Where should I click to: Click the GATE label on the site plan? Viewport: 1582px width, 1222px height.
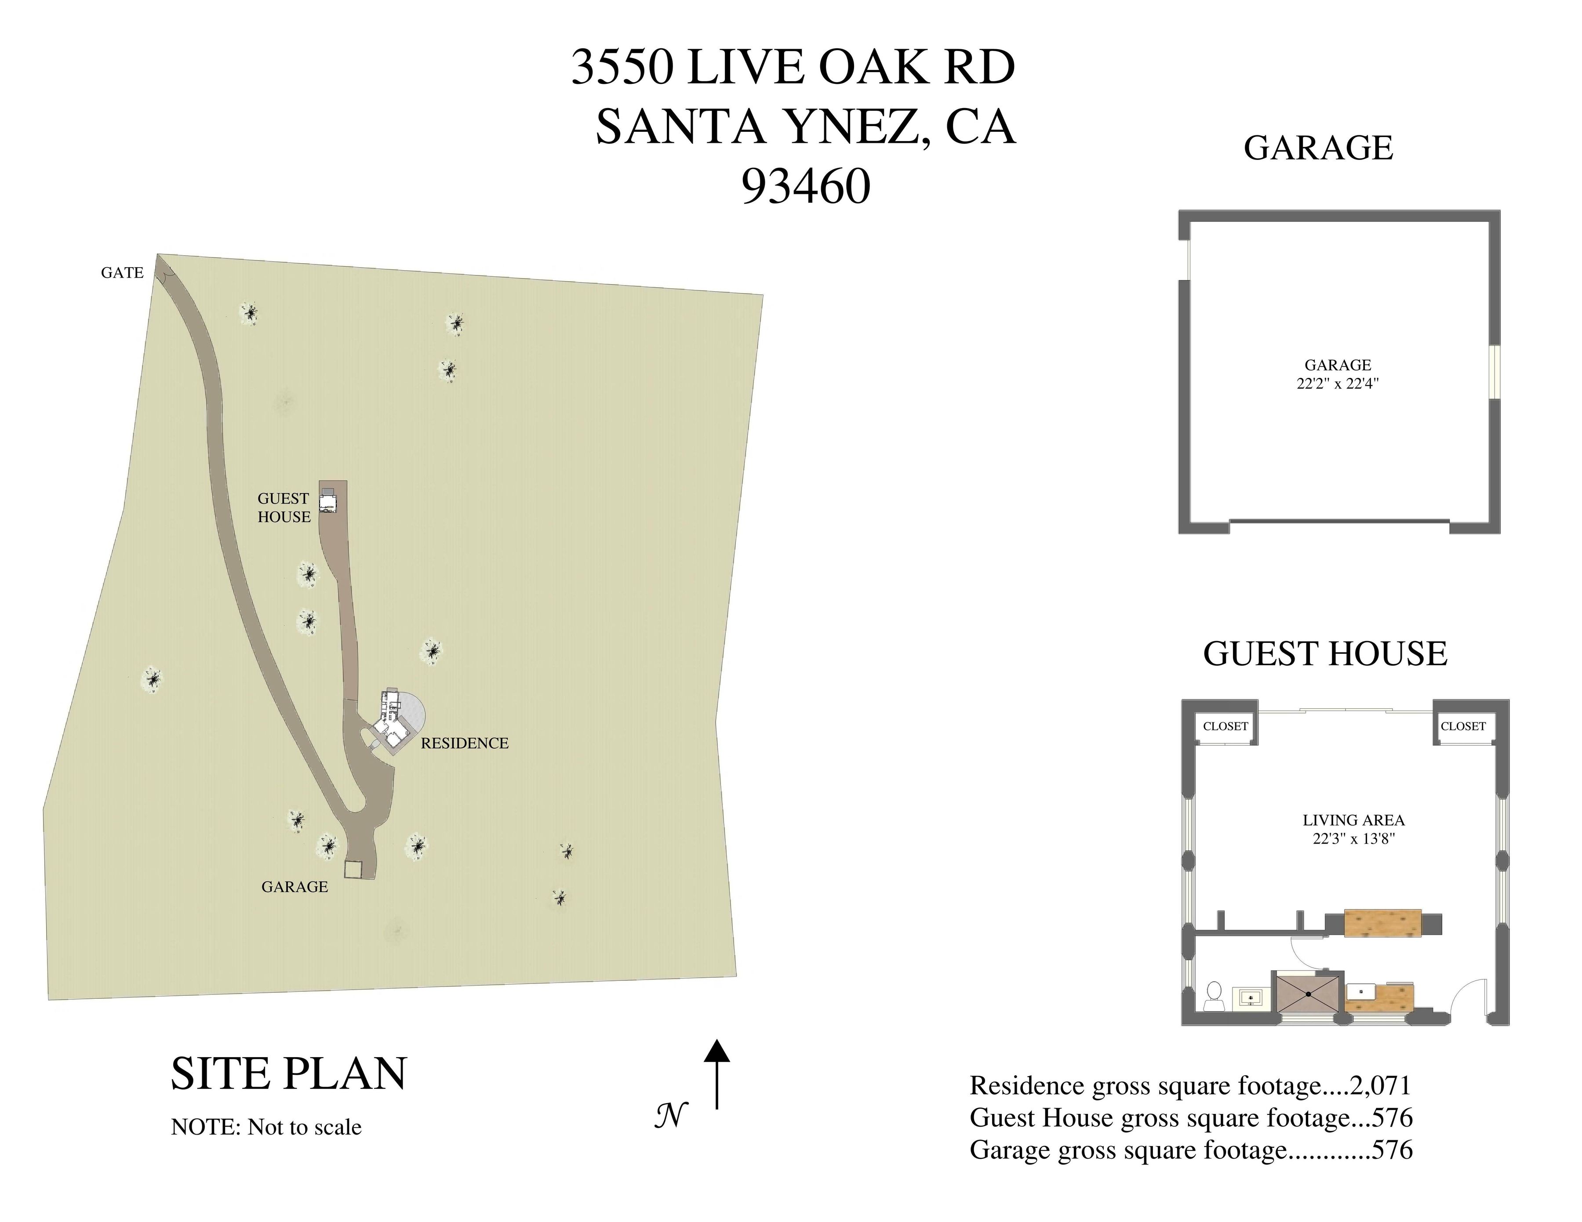pyautogui.click(x=122, y=273)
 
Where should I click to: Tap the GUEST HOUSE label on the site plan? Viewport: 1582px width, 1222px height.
pyautogui.click(x=284, y=508)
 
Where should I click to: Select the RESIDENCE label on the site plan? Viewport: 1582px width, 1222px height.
pyautogui.click(x=464, y=743)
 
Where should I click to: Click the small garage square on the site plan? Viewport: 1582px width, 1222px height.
pyautogui.click(x=353, y=870)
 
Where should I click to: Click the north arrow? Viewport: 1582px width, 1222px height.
pyautogui.click(x=716, y=1073)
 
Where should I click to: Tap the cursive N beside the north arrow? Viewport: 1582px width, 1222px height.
pyautogui.click(x=671, y=1115)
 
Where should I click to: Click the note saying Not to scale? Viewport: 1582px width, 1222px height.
pyautogui.click(x=266, y=1127)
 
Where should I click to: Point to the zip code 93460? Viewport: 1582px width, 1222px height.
pyautogui.click(x=805, y=187)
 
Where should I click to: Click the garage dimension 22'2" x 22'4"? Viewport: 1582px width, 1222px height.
pyautogui.click(x=1337, y=384)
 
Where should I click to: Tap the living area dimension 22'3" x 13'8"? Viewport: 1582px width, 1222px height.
pyautogui.click(x=1353, y=839)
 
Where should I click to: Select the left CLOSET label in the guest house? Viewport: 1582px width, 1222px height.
pyautogui.click(x=1225, y=726)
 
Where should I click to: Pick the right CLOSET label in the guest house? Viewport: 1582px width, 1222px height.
pyautogui.click(x=1462, y=726)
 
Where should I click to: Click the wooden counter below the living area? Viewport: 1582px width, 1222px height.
pyautogui.click(x=1382, y=924)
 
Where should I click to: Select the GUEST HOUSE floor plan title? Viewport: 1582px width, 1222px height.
pyautogui.click(x=1325, y=654)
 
